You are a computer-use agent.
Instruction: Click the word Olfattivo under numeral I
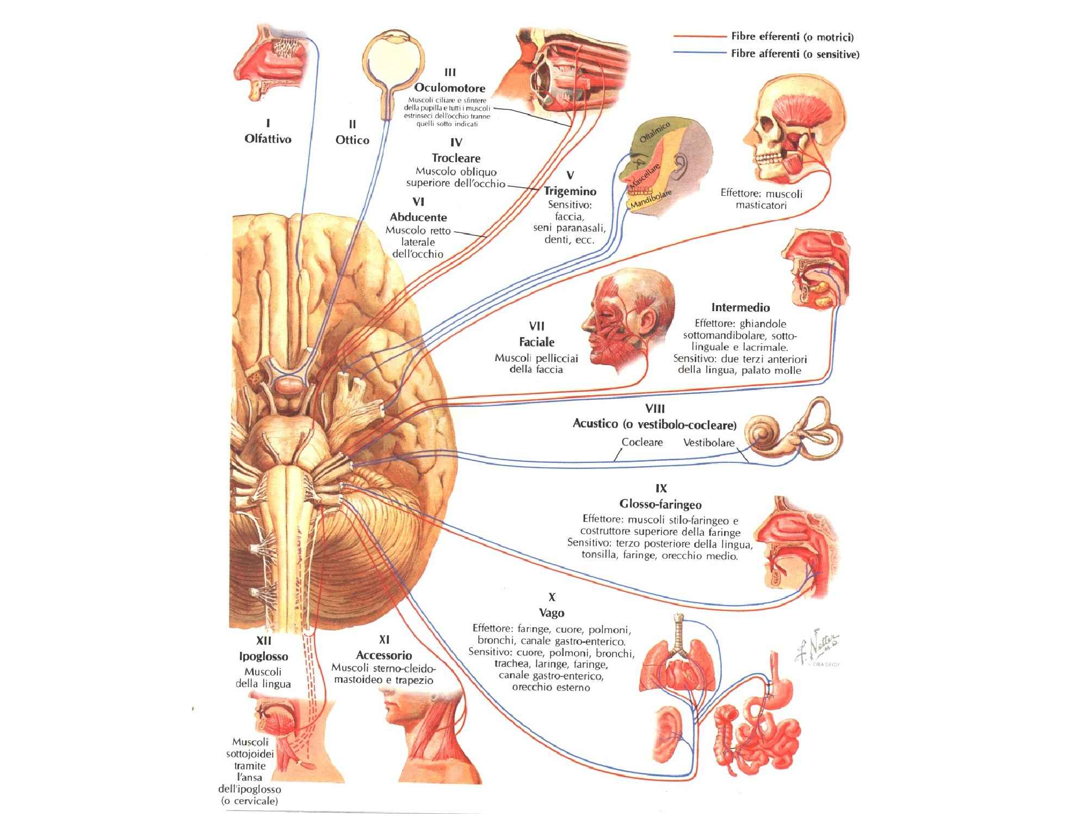(268, 139)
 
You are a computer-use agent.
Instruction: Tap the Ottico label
(352, 140)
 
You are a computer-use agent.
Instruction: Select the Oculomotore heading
(449, 88)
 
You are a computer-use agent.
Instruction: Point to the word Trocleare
(456, 158)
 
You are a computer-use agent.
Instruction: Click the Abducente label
(418, 217)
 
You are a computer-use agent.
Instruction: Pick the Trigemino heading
(570, 191)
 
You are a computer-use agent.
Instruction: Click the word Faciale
(536, 342)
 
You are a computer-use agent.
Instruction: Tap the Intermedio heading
(740, 308)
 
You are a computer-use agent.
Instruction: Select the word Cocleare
(642, 442)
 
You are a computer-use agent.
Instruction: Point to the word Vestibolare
(708, 443)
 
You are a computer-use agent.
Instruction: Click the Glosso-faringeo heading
(660, 504)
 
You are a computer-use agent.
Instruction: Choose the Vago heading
(551, 613)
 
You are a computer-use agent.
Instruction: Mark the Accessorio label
(384, 656)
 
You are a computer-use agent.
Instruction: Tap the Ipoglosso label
(263, 657)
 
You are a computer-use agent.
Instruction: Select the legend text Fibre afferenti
(795, 54)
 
